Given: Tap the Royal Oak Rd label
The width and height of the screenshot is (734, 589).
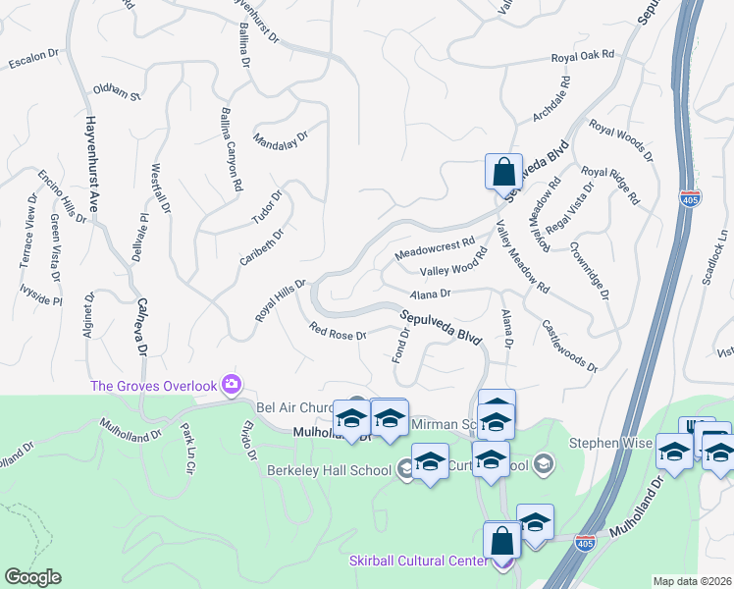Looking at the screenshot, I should (582, 58).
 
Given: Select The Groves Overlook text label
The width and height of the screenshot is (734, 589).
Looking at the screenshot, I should (152, 386).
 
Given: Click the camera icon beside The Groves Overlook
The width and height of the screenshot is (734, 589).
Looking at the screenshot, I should (232, 383).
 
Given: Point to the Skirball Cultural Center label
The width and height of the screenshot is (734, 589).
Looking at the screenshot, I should (418, 561).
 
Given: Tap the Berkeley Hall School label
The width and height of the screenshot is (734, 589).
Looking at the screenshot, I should (329, 470).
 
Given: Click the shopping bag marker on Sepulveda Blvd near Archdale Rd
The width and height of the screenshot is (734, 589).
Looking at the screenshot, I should (503, 172).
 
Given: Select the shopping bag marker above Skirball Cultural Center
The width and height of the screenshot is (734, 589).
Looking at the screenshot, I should (501, 540).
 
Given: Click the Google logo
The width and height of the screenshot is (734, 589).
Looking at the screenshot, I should (31, 577).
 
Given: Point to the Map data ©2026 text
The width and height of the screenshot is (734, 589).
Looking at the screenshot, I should (692, 581).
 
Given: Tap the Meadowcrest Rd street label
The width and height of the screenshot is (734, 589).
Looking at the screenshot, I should (434, 247).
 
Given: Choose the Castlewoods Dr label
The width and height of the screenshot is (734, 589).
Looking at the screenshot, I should (569, 345).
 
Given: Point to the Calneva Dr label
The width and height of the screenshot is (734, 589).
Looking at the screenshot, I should (141, 327).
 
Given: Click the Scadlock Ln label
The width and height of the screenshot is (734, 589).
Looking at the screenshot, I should (715, 257).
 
